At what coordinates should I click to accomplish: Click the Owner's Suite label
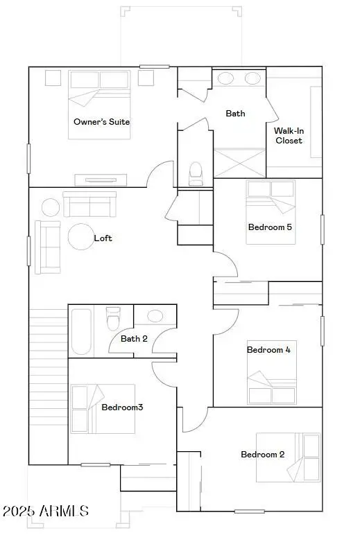[101, 122]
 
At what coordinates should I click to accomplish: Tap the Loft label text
[103, 238]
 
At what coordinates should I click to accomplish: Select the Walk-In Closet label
[288, 135]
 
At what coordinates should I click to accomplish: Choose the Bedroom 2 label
[262, 455]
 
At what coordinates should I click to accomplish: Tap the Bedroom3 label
[122, 407]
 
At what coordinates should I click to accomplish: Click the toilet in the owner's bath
[196, 171]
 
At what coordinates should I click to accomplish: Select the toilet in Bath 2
[113, 319]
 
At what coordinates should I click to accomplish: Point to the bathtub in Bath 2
[81, 331]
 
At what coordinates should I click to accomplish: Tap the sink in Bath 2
[154, 316]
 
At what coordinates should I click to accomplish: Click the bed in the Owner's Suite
[99, 104]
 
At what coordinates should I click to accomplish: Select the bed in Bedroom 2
[289, 457]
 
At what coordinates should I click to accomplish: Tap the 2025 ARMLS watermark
[46, 511]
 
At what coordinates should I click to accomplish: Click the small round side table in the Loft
[51, 207]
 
